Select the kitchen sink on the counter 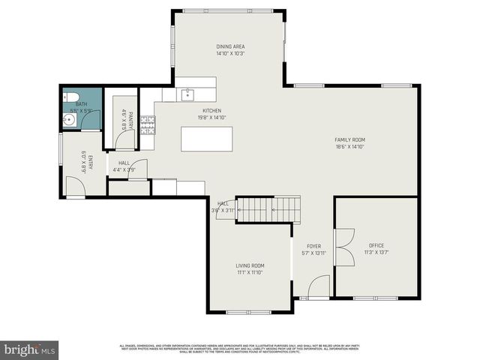pyautogui.click(x=187, y=94)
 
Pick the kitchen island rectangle pyautogui.click(x=206, y=139)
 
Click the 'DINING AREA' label pyautogui.click(x=231, y=46)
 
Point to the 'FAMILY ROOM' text pyautogui.click(x=349, y=140)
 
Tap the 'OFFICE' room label pyautogui.click(x=376, y=246)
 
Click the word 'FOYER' pyautogui.click(x=314, y=246)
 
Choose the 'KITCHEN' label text pyautogui.click(x=190, y=110)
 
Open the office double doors pyautogui.click(x=344, y=247)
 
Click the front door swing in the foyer pyautogui.click(x=319, y=286)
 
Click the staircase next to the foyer pyautogui.click(x=268, y=209)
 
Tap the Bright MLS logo pyautogui.click(x=29, y=349)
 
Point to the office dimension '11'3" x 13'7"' pyautogui.click(x=376, y=253)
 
